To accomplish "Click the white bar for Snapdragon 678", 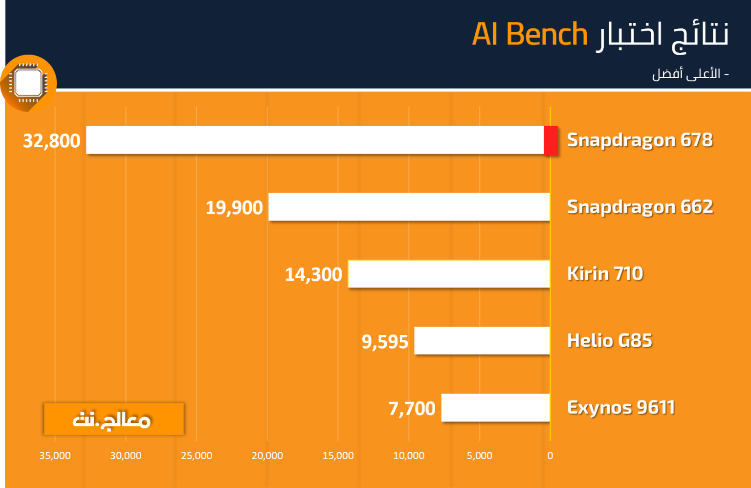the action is point(315,140).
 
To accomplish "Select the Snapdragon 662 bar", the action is point(409,207).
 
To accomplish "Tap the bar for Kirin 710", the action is point(449,274).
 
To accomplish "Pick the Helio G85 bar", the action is point(482,340).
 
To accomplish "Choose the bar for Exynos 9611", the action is point(495,407).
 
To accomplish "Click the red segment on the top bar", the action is point(551,140).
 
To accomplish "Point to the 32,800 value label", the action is point(52,141).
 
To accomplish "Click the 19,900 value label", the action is point(234,208).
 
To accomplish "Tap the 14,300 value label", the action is point(313,274).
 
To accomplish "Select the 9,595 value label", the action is point(385,342).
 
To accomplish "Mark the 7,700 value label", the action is point(412,408).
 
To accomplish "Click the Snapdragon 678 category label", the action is point(640,140).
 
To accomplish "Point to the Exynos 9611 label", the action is point(621,408).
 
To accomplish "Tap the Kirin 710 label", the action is point(605,274).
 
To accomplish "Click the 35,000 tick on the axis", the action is point(55,455).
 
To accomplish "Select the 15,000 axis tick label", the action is point(338,455).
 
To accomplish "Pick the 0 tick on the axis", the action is point(550,455).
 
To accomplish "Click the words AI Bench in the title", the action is point(530,34).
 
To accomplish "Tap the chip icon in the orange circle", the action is point(28,83).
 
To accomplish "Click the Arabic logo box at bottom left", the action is point(114,419).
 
